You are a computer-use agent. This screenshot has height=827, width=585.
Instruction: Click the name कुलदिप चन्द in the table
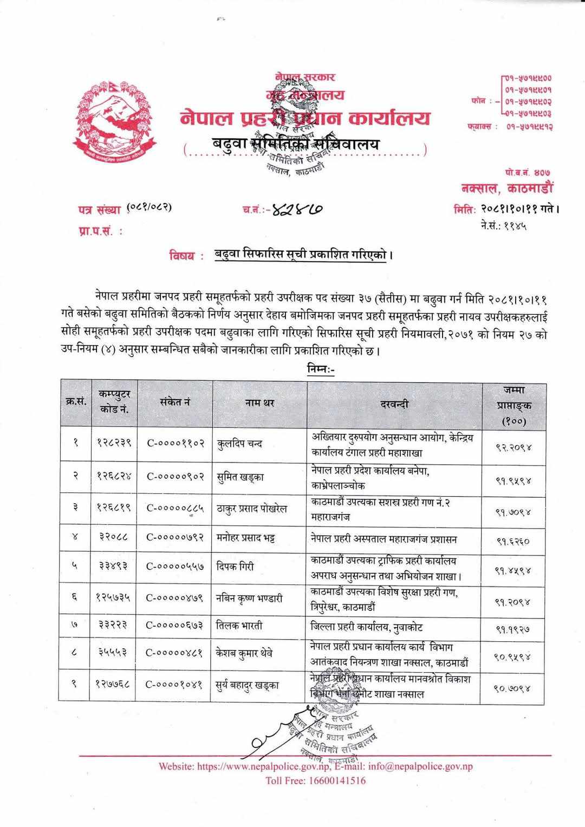tap(239, 444)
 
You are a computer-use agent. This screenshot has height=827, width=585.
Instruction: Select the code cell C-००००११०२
tap(175, 444)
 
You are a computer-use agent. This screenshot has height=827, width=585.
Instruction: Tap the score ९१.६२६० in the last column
tap(512, 540)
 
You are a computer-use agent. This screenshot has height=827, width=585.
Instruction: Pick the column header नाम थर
tap(259, 403)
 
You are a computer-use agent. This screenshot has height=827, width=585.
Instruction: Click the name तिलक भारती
tap(239, 626)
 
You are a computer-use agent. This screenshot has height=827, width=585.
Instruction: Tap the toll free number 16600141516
tap(315, 780)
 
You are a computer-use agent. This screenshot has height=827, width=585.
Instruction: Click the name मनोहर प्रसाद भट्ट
tap(245, 539)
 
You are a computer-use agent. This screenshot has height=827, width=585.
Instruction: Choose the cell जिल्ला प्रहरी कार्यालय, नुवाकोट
tap(367, 628)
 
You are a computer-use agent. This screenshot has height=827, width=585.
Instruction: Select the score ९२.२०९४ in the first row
tap(513, 447)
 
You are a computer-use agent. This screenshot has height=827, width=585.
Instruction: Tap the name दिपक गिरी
tap(235, 566)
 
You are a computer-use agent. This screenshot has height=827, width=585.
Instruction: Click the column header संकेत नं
tap(175, 402)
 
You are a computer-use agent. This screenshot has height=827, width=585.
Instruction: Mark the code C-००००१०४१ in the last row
tap(174, 684)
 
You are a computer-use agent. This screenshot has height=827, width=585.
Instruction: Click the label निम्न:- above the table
tap(321, 370)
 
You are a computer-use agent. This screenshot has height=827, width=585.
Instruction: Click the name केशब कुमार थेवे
tap(244, 653)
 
